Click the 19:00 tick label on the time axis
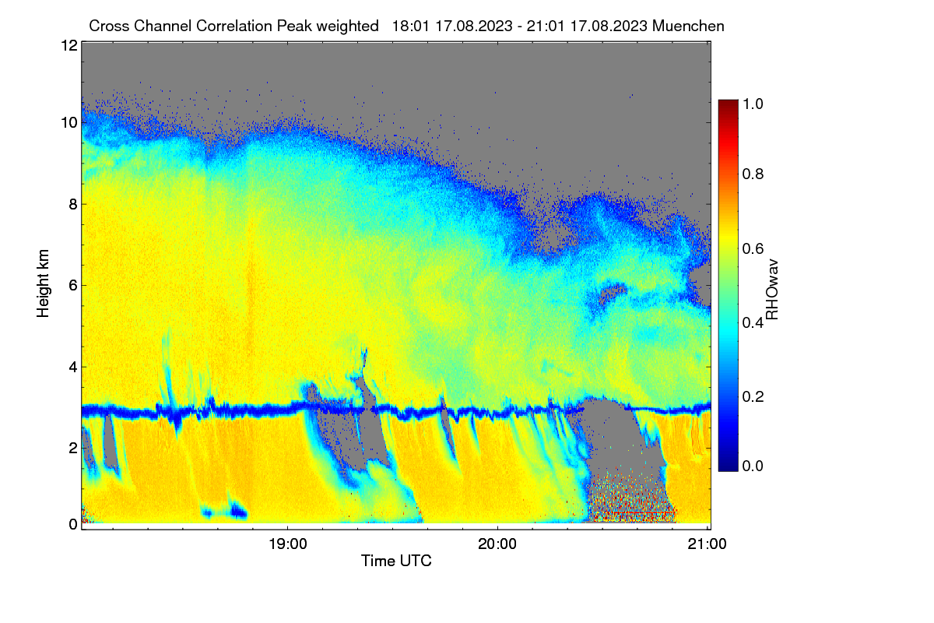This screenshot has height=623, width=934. (288, 544)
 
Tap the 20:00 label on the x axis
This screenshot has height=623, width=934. (497, 544)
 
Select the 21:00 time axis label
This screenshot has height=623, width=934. (707, 544)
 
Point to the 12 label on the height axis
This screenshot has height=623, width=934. (69, 45)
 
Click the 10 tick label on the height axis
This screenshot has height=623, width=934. (69, 123)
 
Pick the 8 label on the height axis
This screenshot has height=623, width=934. (73, 205)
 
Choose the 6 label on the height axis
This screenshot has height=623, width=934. (73, 286)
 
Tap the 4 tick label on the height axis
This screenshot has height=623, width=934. (73, 368)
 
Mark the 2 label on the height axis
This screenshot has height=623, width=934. (73, 448)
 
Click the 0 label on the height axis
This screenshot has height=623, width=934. (73, 525)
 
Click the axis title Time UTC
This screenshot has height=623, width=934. (396, 561)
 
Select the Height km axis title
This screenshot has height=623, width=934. (43, 283)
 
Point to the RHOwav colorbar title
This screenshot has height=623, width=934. (772, 290)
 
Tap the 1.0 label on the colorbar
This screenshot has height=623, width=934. (753, 104)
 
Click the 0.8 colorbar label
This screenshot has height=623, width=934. (753, 174)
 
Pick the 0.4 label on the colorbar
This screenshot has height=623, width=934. (753, 322)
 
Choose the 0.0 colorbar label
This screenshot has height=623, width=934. (753, 466)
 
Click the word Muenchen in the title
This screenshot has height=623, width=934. (688, 26)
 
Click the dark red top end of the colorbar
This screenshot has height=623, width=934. (728, 102)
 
